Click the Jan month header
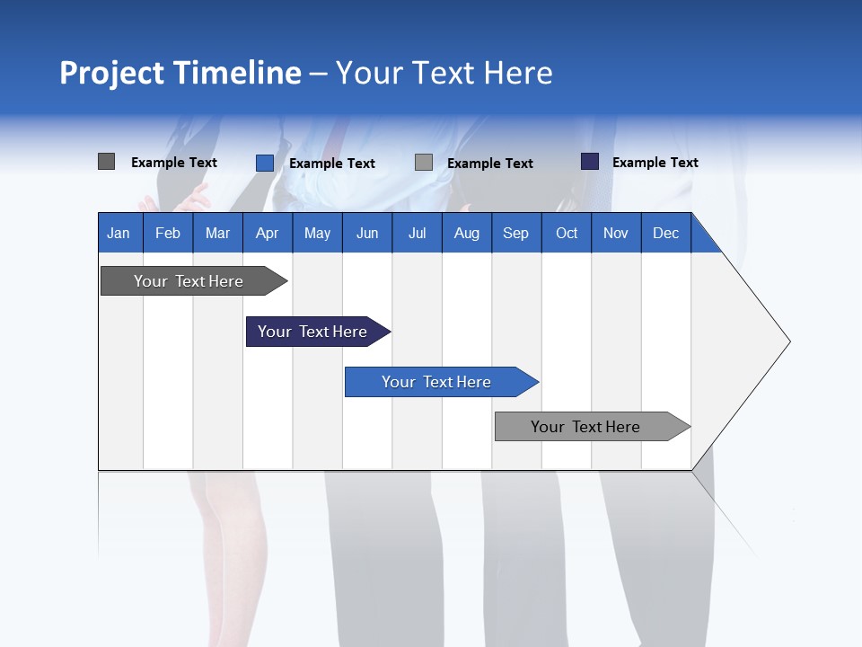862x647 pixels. pyautogui.click(x=119, y=233)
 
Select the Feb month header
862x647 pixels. pyautogui.click(x=168, y=233)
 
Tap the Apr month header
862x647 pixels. pyautogui.click(x=268, y=233)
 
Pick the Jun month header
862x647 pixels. pyautogui.click(x=367, y=233)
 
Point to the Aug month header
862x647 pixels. pyautogui.click(x=467, y=233)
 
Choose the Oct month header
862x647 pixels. pyautogui.click(x=567, y=233)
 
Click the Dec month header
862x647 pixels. pyautogui.click(x=666, y=233)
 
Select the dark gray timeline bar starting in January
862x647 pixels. pyautogui.click(x=189, y=281)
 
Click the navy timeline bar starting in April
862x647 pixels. pyautogui.click(x=313, y=332)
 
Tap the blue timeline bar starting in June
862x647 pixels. pyautogui.click(x=437, y=382)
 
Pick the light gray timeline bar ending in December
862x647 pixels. pyautogui.click(x=586, y=427)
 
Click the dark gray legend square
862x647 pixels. pyautogui.click(x=107, y=162)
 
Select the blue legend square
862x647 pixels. pyautogui.click(x=265, y=163)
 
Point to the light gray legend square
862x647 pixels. pyautogui.click(x=424, y=163)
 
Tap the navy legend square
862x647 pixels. pyautogui.click(x=590, y=162)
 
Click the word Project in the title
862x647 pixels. pyautogui.click(x=112, y=73)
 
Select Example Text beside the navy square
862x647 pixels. pyautogui.click(x=655, y=163)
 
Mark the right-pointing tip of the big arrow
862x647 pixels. pyautogui.click(x=787, y=341)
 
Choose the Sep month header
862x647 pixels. pyautogui.click(x=516, y=233)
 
